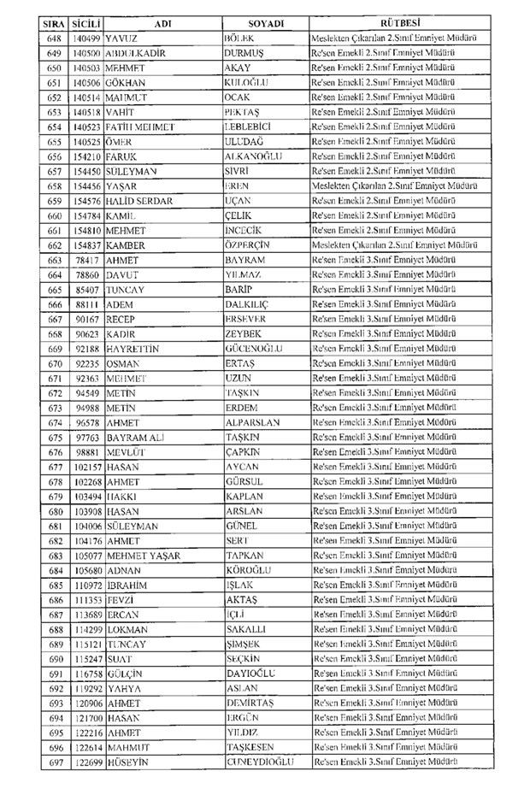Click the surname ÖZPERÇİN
pyautogui.click(x=254, y=245)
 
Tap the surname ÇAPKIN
pyautogui.click(x=244, y=452)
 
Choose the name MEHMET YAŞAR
pyautogui.click(x=144, y=556)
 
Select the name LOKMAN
pyautogui.click(x=127, y=629)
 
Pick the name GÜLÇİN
pyautogui.click(x=125, y=674)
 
